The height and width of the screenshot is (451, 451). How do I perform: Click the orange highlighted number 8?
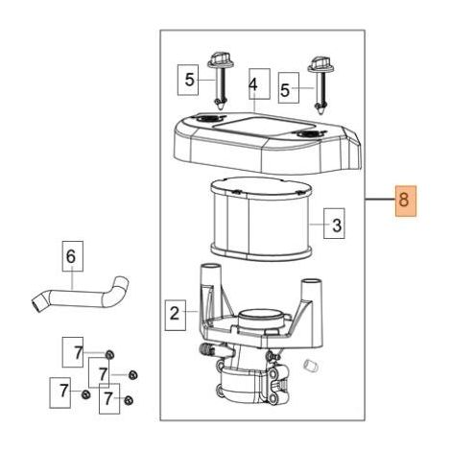[406, 201]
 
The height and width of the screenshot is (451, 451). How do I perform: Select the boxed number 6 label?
[72, 256]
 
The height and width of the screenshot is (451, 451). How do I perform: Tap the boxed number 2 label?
[176, 315]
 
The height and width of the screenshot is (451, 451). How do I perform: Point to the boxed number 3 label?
[334, 224]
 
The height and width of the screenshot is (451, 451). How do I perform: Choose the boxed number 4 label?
[259, 83]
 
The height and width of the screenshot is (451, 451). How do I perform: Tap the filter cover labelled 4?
[268, 142]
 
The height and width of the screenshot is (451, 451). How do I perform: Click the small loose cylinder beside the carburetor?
[310, 365]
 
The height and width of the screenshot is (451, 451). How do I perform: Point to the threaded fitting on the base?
[206, 348]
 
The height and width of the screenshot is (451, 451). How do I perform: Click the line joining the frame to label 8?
[380, 200]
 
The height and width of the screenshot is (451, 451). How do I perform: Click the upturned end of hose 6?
[122, 283]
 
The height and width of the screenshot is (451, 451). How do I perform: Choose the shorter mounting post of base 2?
[312, 291]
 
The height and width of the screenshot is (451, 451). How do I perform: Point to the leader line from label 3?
[317, 224]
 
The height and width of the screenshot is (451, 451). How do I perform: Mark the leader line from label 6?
[73, 280]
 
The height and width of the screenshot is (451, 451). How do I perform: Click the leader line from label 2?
[192, 311]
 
